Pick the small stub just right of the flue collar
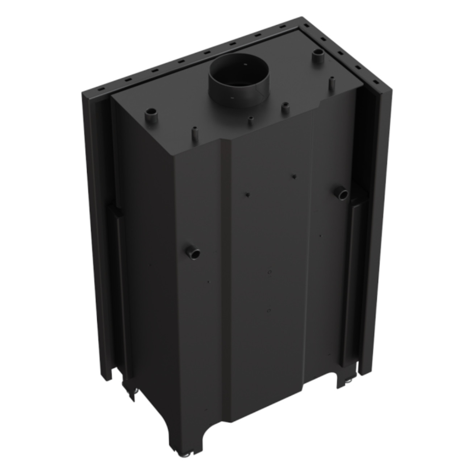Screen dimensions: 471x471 (x=285, y=108)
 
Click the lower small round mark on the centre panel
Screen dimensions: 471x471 (x=268, y=310)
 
